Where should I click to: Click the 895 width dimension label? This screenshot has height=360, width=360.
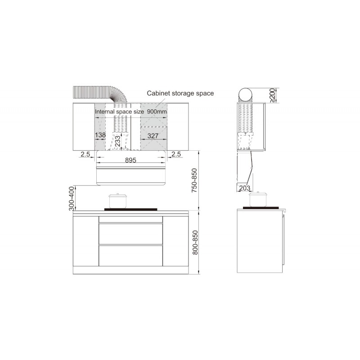pos(130,160)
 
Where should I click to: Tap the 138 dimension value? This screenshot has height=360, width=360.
pos(100,135)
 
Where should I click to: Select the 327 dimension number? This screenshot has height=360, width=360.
pos(153,136)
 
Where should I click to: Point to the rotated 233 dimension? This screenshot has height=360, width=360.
pos(117,141)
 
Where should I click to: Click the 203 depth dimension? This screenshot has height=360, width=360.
pos(244,188)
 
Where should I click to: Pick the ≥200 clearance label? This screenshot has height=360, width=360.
pos(272,95)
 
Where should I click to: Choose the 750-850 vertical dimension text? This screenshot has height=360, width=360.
pos(194,180)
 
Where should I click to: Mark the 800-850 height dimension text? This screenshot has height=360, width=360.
pos(195,243)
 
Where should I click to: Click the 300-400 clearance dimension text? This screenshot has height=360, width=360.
pos(72,198)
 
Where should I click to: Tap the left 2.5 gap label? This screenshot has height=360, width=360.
pos(85,154)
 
